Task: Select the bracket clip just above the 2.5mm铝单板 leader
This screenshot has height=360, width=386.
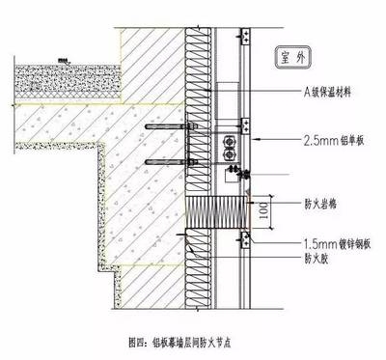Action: click(242, 125)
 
